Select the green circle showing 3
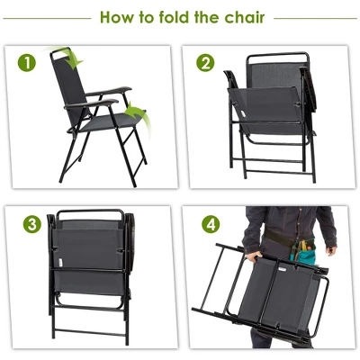tap(30, 222)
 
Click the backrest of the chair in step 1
tap(74, 85)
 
